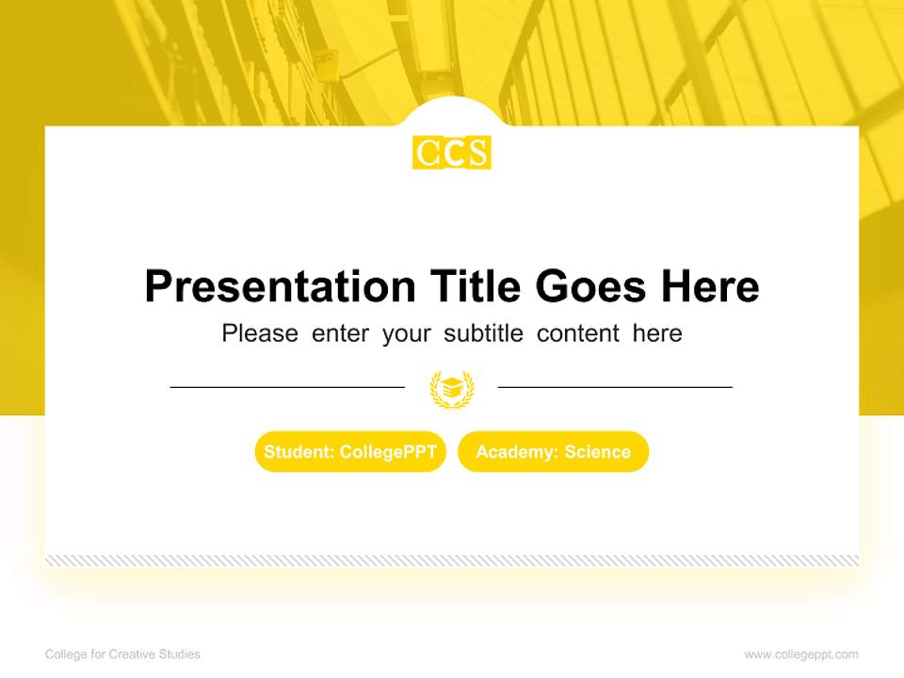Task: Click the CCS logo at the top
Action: pos(452,153)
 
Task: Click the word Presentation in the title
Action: pos(280,286)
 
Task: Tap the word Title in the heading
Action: pos(476,286)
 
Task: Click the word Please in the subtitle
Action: pos(260,333)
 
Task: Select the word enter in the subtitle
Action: pos(340,333)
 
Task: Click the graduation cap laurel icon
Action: pos(452,388)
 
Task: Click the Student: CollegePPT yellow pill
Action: pos(350,452)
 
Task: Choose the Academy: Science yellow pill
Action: pos(553,452)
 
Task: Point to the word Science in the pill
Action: pos(597,452)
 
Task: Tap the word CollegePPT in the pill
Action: pos(388,452)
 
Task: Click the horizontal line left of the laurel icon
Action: pos(287,386)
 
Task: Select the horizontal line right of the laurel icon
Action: pos(615,386)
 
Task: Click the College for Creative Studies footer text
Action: pos(122,654)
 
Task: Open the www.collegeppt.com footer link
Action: pos(801,654)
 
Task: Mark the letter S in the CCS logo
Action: pos(477,153)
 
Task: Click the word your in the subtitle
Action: pos(406,333)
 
